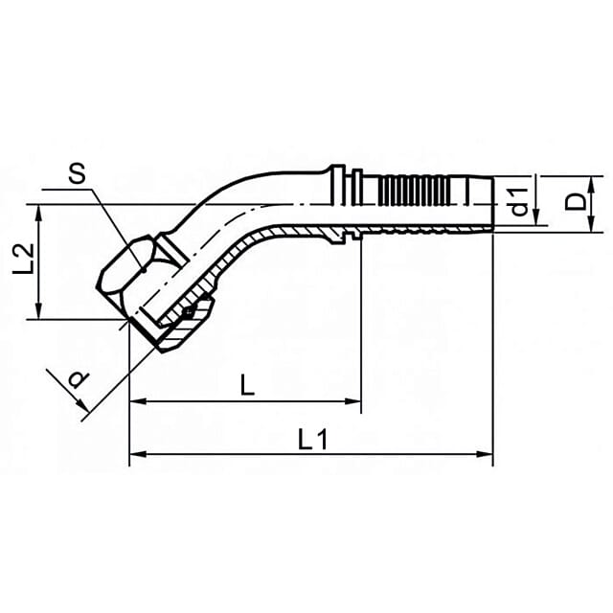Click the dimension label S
[x=77, y=174]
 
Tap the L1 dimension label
[x=312, y=439]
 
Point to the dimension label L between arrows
[x=247, y=385]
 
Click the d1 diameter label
[x=520, y=202]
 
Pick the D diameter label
[x=576, y=202]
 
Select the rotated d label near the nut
[x=79, y=378]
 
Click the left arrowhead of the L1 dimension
[x=137, y=454]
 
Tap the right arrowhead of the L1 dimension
[x=485, y=454]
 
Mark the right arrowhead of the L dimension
[x=352, y=401]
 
